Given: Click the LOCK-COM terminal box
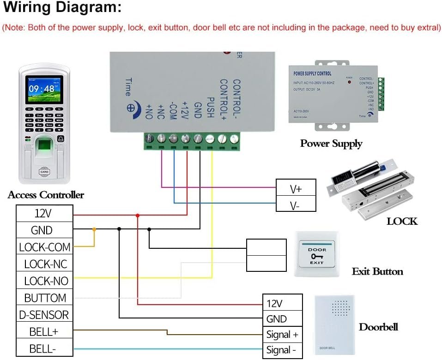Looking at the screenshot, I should click(x=44, y=247).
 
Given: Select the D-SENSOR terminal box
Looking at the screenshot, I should click(x=44, y=315).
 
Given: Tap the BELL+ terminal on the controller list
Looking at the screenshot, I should click(x=44, y=331).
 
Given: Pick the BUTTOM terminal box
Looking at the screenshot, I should click(x=44, y=298).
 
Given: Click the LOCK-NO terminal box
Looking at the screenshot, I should click(x=44, y=281).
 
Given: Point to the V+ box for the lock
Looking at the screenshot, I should click(x=296, y=188).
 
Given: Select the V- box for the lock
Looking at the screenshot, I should click(x=296, y=205).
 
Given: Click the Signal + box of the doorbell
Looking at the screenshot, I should click(x=282, y=334).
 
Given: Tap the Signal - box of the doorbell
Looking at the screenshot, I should click(x=282, y=350).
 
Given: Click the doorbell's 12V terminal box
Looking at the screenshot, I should click(x=282, y=303).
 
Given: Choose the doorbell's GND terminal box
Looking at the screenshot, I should click(x=282, y=319).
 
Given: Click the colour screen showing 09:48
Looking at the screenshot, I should click(x=42, y=89).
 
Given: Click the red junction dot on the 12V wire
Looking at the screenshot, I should click(x=138, y=216).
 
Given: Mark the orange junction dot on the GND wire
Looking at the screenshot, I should click(x=95, y=229).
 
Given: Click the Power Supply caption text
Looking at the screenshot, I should click(x=331, y=143).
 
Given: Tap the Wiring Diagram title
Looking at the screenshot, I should click(x=63, y=8).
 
